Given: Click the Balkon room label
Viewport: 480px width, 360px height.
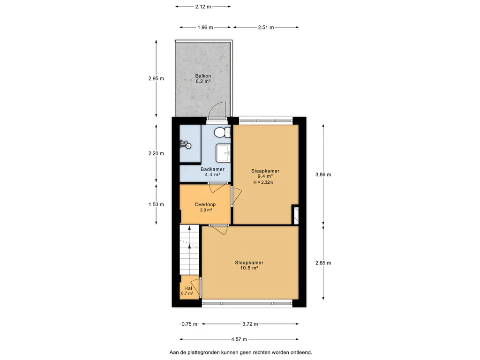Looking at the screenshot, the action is click(x=203, y=76).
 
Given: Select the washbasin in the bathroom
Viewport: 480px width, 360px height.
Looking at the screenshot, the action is click(x=223, y=153).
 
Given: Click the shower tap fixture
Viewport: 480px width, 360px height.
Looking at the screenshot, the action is click(x=185, y=144).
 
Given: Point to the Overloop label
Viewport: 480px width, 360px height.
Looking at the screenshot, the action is click(x=205, y=204).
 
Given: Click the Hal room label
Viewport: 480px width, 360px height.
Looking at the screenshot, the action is click(x=188, y=288).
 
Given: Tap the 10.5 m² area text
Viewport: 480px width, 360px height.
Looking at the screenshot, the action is click(x=249, y=268).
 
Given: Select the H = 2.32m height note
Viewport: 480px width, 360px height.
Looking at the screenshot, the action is click(x=263, y=182).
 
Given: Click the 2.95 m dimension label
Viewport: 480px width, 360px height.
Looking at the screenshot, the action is click(x=156, y=78).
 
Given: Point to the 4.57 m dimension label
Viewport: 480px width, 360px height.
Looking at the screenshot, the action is click(x=239, y=339).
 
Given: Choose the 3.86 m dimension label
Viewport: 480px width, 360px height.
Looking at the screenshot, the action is click(x=323, y=174).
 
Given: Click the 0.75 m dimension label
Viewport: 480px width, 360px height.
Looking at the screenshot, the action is click(x=189, y=324).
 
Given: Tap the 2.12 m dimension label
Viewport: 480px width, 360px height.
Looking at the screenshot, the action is click(x=203, y=7).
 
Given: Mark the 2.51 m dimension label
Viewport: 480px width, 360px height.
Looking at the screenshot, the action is click(x=266, y=27).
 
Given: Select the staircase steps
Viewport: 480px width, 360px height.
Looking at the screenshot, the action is click(x=189, y=250).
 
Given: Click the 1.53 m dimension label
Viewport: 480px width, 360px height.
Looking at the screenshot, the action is click(x=156, y=204).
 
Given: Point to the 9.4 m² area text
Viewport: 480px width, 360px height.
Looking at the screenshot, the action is click(x=265, y=176).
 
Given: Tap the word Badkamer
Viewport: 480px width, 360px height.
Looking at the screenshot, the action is click(x=212, y=169).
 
